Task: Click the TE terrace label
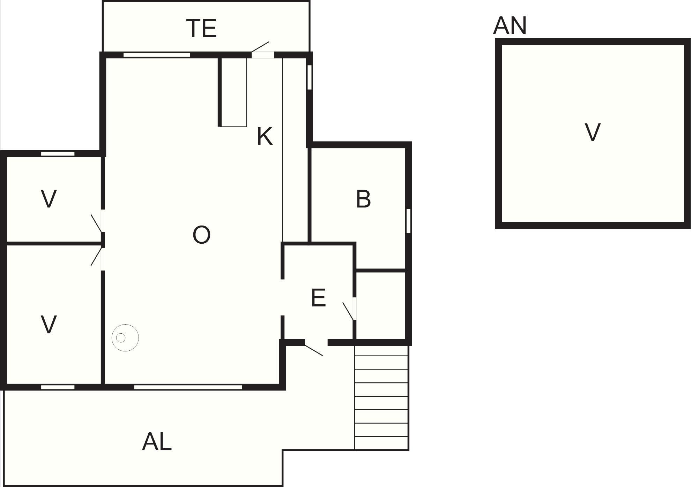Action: (x=201, y=28)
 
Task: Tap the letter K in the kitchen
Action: (x=265, y=136)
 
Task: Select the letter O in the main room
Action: (x=201, y=235)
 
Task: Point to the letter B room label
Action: (x=363, y=199)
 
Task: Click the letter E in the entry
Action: (x=318, y=298)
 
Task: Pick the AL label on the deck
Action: (x=157, y=442)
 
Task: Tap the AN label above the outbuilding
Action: (x=510, y=25)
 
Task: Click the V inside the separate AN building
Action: (x=592, y=132)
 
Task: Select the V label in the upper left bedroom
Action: (x=49, y=199)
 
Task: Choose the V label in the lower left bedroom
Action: (x=49, y=325)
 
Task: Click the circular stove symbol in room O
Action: (x=125, y=337)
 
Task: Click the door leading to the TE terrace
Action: (x=262, y=51)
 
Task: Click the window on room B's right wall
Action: (x=408, y=221)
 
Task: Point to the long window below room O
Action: (x=188, y=387)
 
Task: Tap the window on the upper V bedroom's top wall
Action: (x=58, y=154)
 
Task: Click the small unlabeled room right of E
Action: (x=381, y=305)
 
